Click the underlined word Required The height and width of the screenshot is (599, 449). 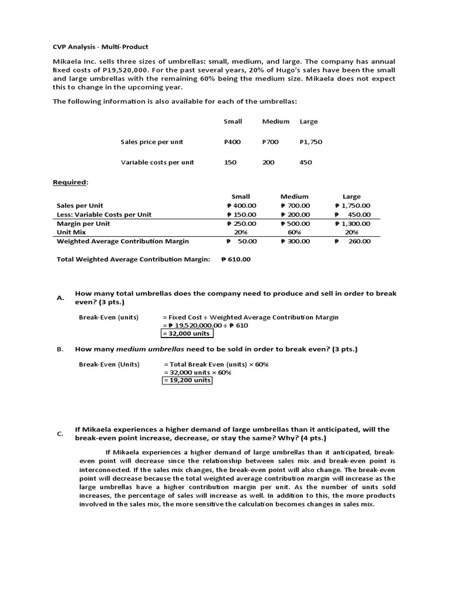[70, 183]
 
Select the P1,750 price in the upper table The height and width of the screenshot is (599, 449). [310, 142]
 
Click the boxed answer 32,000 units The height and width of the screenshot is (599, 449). [187, 333]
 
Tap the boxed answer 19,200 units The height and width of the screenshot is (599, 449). [187, 380]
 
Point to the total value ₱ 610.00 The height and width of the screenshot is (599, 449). [236, 259]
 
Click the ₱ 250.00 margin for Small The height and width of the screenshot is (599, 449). [241, 223]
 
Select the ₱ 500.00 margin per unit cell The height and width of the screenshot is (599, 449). [295, 223]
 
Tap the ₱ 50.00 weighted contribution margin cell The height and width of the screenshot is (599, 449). [241, 241]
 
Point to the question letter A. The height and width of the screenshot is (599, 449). [60, 298]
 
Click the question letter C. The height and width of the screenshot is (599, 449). [60, 433]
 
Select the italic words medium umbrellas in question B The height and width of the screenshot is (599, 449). [151, 349]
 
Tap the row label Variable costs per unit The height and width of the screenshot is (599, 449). [157, 162]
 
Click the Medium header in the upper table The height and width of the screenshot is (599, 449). [275, 121]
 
